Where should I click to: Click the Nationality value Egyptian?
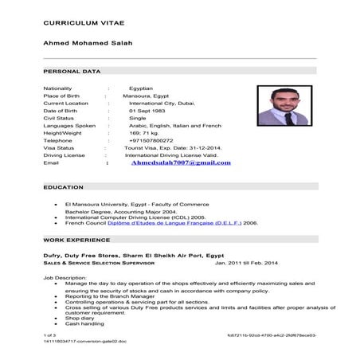click(141, 88)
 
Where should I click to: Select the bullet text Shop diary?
click(79, 318)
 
